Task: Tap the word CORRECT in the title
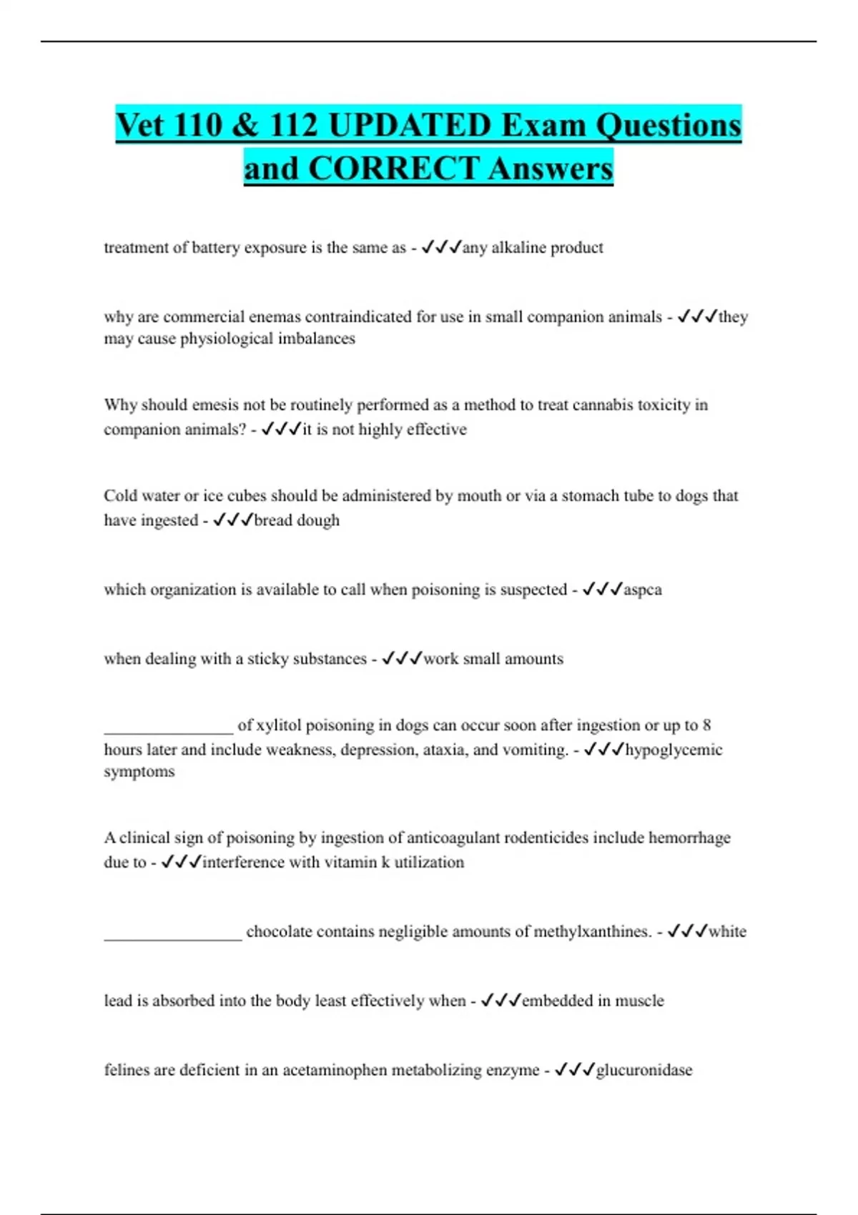(393, 169)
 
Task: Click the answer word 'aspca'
(642, 590)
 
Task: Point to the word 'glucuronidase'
(643, 1070)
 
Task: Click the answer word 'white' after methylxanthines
(727, 931)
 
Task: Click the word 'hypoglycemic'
(674, 750)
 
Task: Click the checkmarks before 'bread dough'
(233, 520)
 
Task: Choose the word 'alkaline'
(520, 248)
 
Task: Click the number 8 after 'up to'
(706, 725)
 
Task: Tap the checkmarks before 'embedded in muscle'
(500, 1001)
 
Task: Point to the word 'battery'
(216, 248)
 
